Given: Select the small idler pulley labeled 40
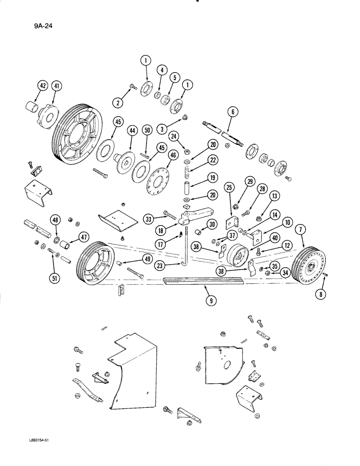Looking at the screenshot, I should [241, 256].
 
